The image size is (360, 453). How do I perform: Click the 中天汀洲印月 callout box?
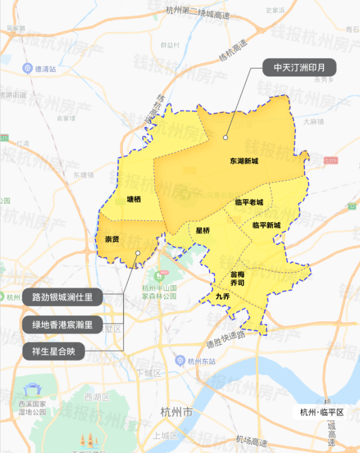pos(300,67)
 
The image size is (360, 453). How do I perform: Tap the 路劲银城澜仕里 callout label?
pos(62,297)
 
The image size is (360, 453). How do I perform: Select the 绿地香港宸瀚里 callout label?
pos(62,324)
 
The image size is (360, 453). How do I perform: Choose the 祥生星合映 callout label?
pos(54,352)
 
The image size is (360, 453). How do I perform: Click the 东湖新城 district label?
pos(244,161)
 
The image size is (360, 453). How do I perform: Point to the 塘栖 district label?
pos(134,199)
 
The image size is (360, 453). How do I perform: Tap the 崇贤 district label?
pos(112,239)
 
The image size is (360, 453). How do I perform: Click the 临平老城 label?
pos(249,202)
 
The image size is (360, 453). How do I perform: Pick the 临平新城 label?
pos(266,225)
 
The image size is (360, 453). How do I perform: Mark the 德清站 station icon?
pos(27,68)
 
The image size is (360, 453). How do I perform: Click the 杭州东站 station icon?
pos(180,360)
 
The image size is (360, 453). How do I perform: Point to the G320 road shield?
pos(331,160)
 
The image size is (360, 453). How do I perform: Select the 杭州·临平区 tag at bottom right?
pos(321,413)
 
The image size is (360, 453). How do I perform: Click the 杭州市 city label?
pos(176,413)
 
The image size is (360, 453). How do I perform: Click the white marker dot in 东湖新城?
pos(225,136)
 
